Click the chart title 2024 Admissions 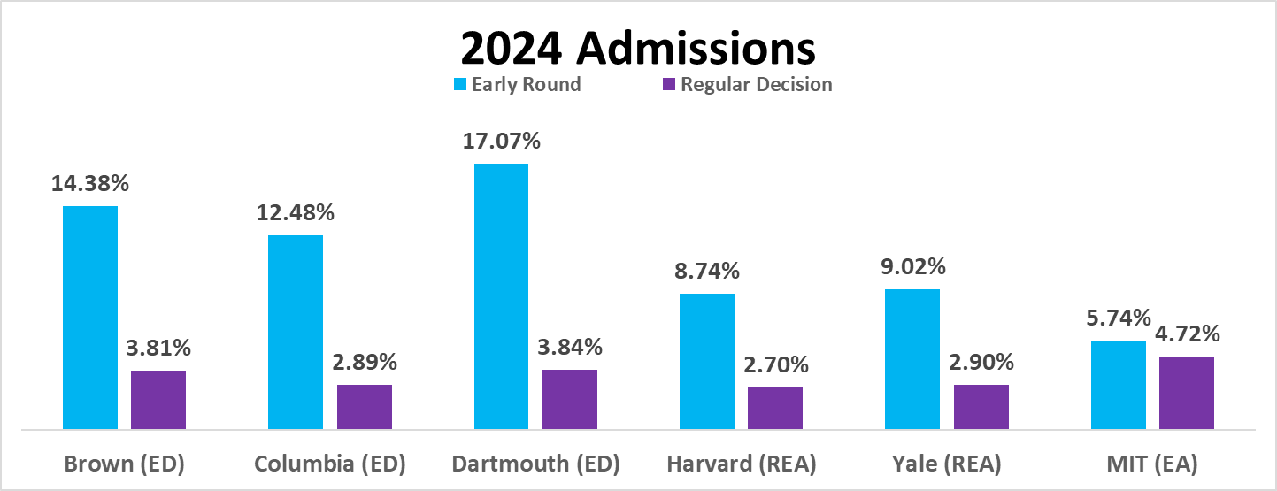(x=638, y=48)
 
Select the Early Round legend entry (x=517, y=84)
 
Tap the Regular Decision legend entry (x=748, y=84)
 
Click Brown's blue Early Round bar (x=90, y=318)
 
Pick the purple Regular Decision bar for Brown (x=158, y=400)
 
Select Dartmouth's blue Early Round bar (x=501, y=296)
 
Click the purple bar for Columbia (x=365, y=407)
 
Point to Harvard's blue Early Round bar (x=707, y=361)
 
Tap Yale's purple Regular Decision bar (x=981, y=407)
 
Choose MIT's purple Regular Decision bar (x=1187, y=393)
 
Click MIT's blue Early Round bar (x=1119, y=385)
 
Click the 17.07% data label (x=501, y=141)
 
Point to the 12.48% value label (x=296, y=212)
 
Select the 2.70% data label (x=776, y=364)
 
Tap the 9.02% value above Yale (x=912, y=266)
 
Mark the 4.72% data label (x=1188, y=334)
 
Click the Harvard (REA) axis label (x=742, y=464)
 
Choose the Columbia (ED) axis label (x=330, y=464)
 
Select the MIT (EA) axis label (x=1152, y=464)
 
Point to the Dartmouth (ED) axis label (x=536, y=464)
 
